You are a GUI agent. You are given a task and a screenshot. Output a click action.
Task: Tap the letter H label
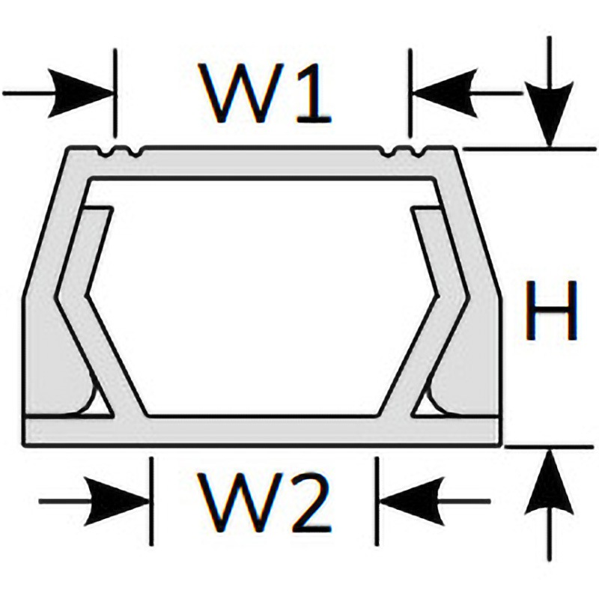pyautogui.click(x=550, y=310)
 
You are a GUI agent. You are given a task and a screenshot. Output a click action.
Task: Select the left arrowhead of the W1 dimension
pyautogui.click(x=81, y=93)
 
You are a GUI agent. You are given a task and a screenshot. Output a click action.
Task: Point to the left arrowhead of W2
pyautogui.click(x=117, y=501)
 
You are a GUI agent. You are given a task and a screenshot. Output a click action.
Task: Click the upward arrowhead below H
pyautogui.click(x=550, y=482)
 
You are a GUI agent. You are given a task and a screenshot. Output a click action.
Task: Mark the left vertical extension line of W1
pyautogui.click(x=115, y=93)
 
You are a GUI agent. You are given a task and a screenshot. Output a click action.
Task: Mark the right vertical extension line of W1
pyautogui.click(x=410, y=93)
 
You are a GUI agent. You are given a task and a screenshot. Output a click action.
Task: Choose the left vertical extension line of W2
pyautogui.click(x=152, y=501)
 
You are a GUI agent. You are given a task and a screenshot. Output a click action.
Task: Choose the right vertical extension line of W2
pyautogui.click(x=377, y=501)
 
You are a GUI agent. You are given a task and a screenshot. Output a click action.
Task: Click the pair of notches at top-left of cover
pyautogui.click(x=120, y=152)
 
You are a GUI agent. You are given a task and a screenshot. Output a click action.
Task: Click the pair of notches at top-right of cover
pyautogui.click(x=405, y=152)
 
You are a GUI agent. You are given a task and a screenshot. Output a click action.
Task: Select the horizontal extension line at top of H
pyautogui.click(x=529, y=148)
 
